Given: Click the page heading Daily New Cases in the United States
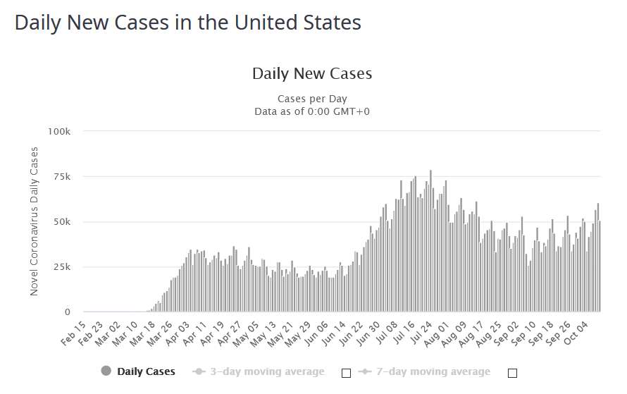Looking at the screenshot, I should pyautogui.click(x=187, y=23).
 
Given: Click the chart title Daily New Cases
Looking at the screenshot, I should pyautogui.click(x=311, y=73).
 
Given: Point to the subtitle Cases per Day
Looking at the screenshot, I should pyautogui.click(x=311, y=98).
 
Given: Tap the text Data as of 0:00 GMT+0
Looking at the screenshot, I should pyautogui.click(x=311, y=111).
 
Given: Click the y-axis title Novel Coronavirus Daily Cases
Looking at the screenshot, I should pyautogui.click(x=35, y=221).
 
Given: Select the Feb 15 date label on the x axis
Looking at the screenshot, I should pyautogui.click(x=73, y=333).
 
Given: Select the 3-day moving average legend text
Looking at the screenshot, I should pyautogui.click(x=267, y=371).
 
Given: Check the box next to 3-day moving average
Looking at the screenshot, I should pyautogui.click(x=346, y=373).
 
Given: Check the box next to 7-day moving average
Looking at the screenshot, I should pyautogui.click(x=512, y=373).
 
